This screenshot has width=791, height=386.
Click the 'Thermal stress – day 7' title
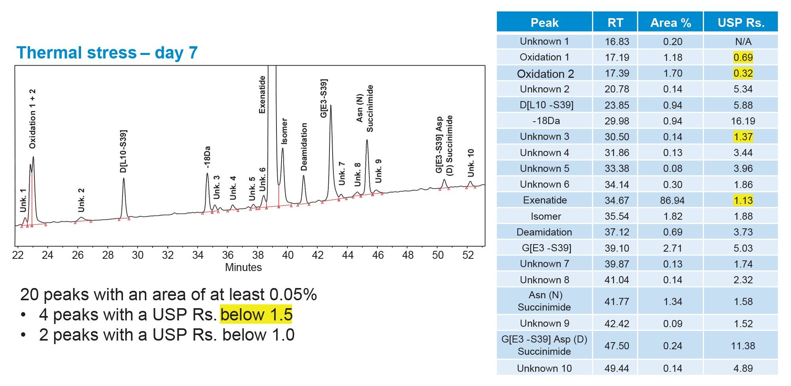tap(107, 53)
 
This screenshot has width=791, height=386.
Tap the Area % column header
tap(670, 23)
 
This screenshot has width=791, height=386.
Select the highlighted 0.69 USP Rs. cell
tap(743, 57)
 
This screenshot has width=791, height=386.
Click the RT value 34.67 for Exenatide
tap(617, 200)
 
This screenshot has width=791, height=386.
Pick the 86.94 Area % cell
tap(672, 200)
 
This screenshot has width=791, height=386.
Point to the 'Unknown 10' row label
tap(544, 368)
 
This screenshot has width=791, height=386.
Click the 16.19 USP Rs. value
tap(743, 121)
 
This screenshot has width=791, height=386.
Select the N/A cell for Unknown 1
tap(743, 41)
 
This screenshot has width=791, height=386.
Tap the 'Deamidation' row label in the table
tap(544, 232)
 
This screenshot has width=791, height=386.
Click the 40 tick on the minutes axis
tap(288, 255)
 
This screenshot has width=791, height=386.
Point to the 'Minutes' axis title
tap(243, 267)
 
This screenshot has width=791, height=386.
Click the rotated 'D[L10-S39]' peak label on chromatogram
tap(123, 151)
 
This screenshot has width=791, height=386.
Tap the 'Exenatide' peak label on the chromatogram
tap(262, 95)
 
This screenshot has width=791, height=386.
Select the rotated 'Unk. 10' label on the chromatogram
tap(471, 163)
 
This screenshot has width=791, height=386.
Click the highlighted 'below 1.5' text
tap(256, 315)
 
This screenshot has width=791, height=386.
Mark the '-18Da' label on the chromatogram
tap(207, 157)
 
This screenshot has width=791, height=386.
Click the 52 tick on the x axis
tap(468, 255)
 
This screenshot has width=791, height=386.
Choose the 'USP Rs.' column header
tap(741, 23)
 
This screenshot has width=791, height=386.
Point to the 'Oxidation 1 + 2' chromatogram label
tap(32, 119)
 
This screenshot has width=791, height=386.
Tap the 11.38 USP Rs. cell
tap(743, 346)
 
